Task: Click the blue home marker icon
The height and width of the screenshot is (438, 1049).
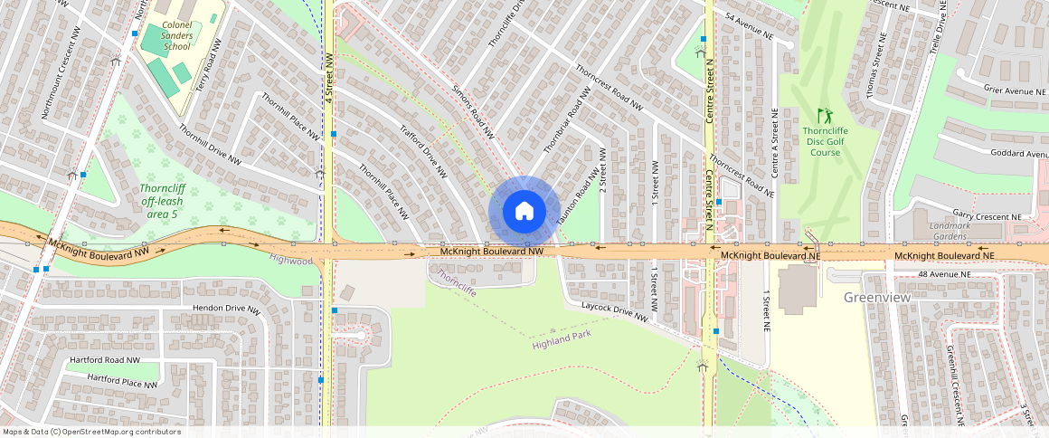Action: (x=523, y=211)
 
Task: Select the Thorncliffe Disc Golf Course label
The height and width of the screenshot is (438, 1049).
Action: (x=825, y=141)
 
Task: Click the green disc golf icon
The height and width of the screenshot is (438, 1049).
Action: (x=824, y=116)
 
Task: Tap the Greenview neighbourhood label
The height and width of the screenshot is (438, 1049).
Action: (x=876, y=297)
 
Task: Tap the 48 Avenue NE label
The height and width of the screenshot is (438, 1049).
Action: (x=944, y=274)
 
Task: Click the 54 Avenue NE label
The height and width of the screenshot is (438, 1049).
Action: (x=750, y=27)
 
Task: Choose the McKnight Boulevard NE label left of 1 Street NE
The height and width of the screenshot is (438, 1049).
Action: (x=770, y=256)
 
